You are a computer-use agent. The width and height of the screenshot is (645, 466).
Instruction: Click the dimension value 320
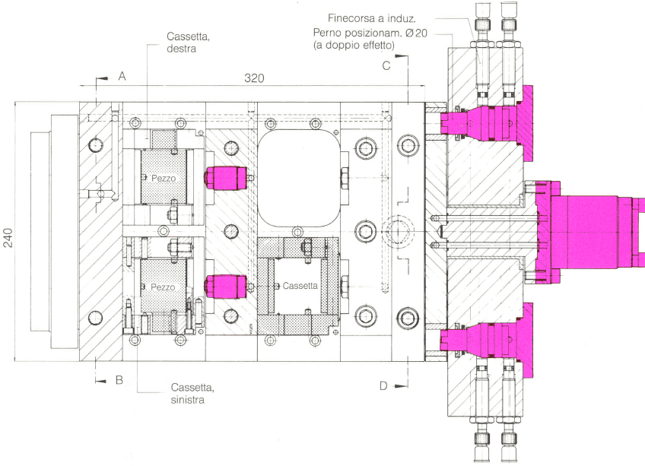tap(254, 78)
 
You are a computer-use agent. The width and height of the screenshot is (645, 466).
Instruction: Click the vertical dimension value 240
tap(8, 238)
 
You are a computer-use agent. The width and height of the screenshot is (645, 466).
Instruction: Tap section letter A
tap(122, 76)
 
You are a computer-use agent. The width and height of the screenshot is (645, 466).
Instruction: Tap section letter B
tap(119, 379)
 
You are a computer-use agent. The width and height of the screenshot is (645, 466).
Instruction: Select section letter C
tap(386, 66)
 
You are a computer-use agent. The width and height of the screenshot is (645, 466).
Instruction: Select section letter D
tap(383, 385)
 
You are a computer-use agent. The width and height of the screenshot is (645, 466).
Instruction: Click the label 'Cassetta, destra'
tap(188, 43)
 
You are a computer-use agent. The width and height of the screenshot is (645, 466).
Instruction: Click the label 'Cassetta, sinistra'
tap(192, 393)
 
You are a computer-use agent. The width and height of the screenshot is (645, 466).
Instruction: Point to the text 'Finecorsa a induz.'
tap(372, 18)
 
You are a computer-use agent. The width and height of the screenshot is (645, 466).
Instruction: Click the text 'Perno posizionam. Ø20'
tap(370, 33)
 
